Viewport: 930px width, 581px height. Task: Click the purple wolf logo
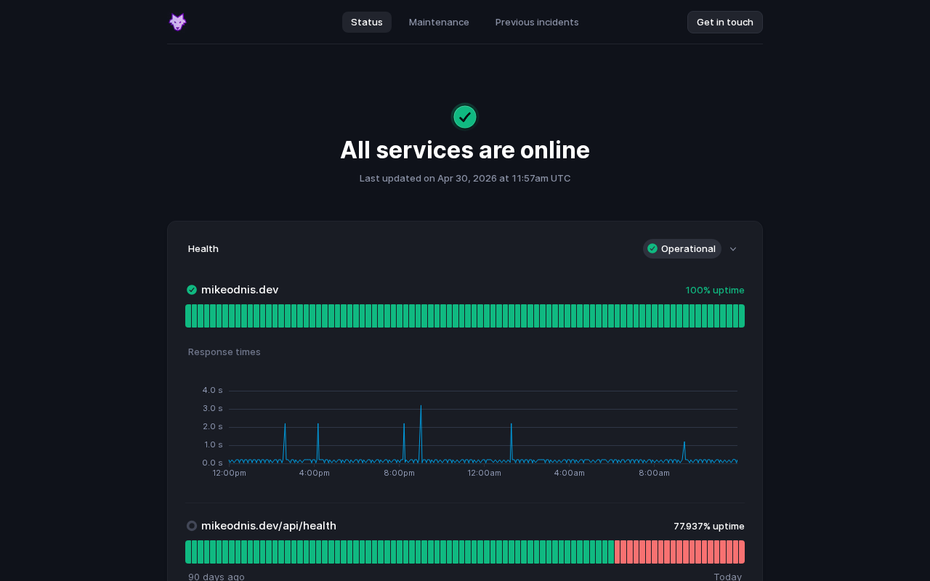point(178,22)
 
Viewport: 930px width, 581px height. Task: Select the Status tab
point(367,22)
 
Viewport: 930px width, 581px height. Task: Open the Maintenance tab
point(439,22)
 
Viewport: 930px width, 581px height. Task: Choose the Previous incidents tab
point(537,22)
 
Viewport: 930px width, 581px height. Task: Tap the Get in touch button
point(725,22)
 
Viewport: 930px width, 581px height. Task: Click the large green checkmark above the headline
point(465,117)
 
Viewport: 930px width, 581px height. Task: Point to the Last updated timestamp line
point(465,179)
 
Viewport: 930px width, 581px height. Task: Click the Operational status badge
point(682,248)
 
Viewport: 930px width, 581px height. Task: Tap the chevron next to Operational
point(733,249)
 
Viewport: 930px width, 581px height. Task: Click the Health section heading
point(203,248)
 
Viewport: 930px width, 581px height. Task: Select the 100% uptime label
point(714,290)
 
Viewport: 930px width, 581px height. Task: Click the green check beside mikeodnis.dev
point(192,290)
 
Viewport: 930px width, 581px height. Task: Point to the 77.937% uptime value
point(708,527)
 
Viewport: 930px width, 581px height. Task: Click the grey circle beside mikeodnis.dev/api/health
point(192,526)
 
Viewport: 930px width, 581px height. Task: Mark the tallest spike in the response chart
point(421,405)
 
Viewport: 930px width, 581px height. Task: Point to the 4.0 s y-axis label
point(213,390)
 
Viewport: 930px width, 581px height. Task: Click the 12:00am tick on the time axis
point(484,473)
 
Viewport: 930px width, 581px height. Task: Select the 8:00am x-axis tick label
point(654,473)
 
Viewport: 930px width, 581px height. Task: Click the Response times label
point(225,352)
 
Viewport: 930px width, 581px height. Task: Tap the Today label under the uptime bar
point(727,577)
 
